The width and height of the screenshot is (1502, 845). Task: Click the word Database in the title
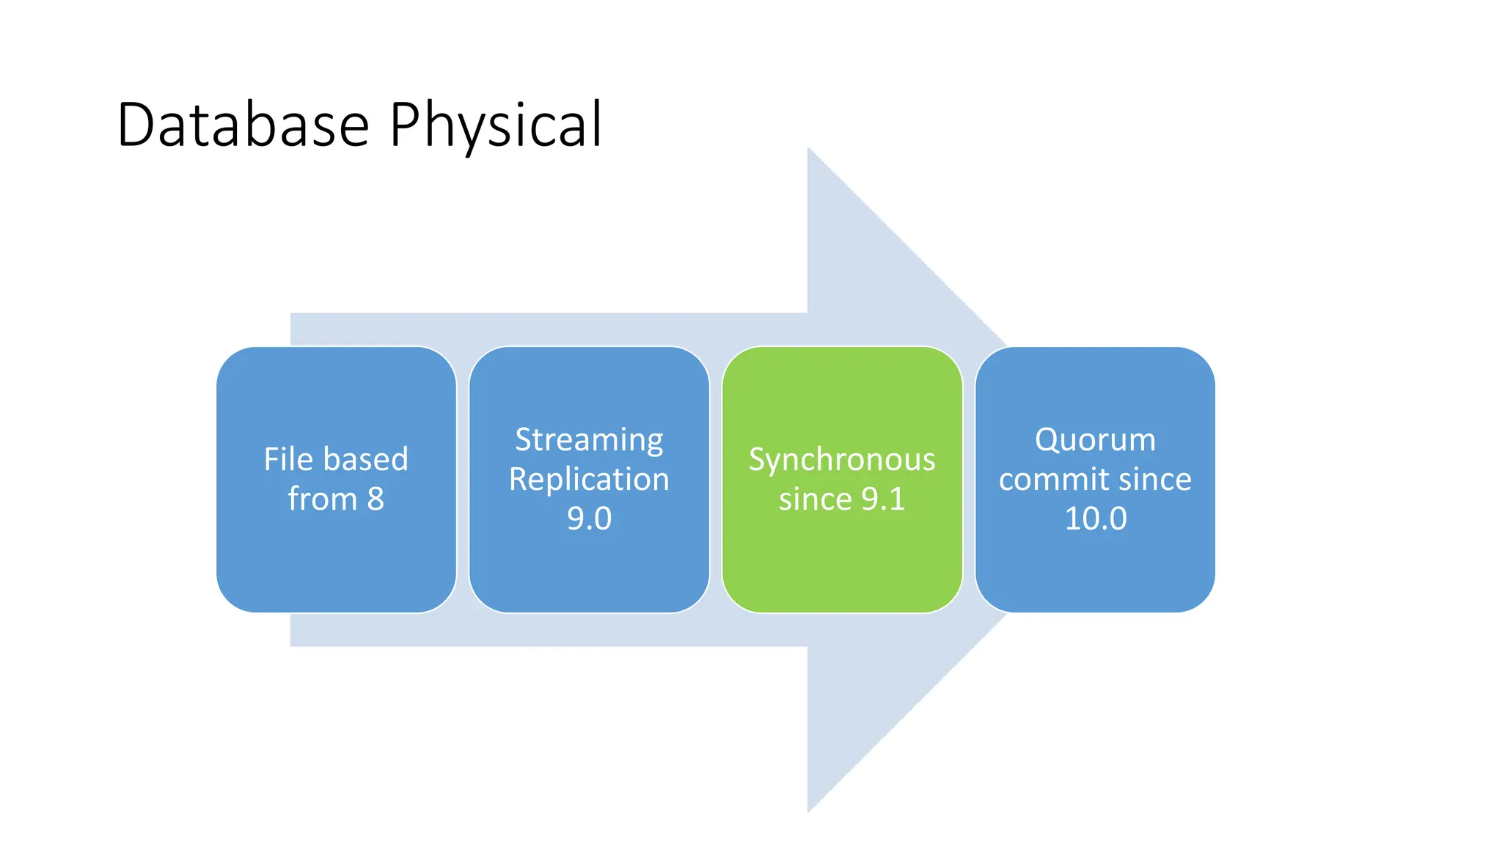[242, 125]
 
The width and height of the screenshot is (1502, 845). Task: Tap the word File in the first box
[288, 459]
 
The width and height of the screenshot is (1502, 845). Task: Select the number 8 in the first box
[375, 500]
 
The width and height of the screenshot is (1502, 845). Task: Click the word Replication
[589, 480]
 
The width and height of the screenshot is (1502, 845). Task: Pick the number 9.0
[589, 519]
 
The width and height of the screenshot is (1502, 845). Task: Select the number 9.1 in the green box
[883, 500]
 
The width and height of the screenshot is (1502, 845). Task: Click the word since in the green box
[815, 500]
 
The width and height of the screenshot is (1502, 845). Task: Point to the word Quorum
[1095, 440]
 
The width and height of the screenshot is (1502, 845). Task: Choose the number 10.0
[1095, 519]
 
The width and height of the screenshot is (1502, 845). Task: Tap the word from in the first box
[321, 500]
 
